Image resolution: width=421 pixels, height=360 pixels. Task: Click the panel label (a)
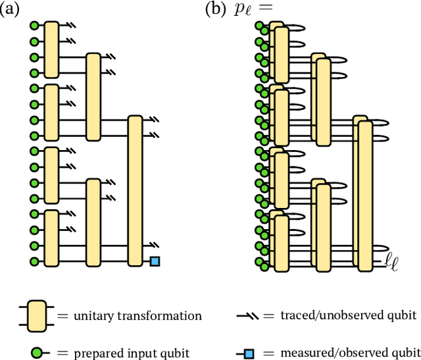(x=11, y=11)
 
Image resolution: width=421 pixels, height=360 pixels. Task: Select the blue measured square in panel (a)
(x=155, y=261)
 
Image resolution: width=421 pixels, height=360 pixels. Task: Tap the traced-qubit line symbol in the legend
(x=253, y=316)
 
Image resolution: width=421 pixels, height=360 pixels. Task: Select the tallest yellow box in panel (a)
(x=135, y=191)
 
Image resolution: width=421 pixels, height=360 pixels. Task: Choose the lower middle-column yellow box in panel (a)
(x=93, y=221)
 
